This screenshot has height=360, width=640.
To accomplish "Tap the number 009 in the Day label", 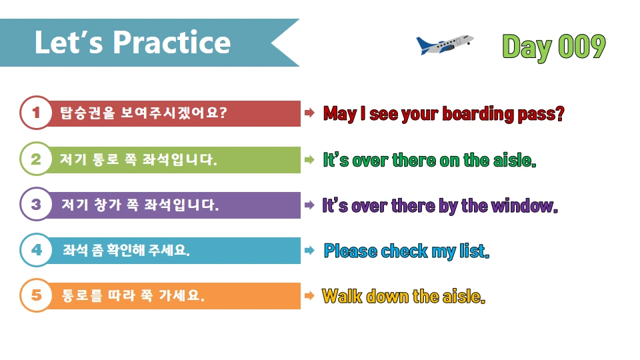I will point(581,47).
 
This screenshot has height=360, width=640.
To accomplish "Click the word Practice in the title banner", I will point(171,43).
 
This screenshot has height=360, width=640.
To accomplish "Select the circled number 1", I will point(36,113).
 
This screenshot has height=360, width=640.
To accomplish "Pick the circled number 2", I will point(36,159).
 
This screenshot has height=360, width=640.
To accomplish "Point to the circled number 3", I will point(36,205).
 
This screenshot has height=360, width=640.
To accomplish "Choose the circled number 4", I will point(36,250).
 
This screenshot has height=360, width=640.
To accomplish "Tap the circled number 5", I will point(36,295).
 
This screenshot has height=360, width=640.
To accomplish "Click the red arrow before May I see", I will point(309,113).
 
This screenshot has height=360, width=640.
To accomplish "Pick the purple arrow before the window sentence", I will point(309,205).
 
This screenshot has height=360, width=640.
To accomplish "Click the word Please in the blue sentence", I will point(350,251).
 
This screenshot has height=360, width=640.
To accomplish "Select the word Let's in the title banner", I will point(69,43).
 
